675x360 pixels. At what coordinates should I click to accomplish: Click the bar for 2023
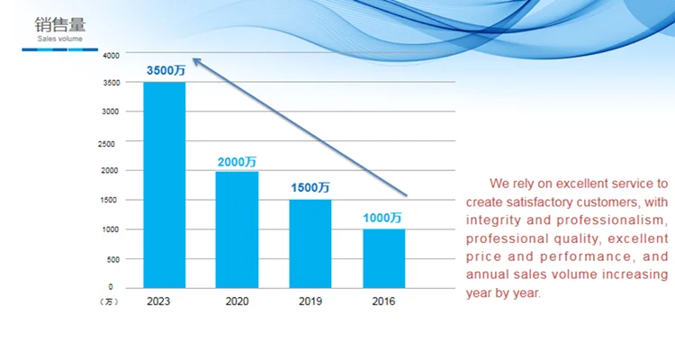tap(165, 184)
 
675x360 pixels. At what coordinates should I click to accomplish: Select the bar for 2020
tap(237, 229)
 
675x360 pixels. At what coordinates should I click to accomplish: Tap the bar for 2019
tap(310, 243)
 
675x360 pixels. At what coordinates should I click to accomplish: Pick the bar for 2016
tap(383, 258)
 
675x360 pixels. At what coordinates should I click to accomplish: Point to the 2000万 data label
tap(238, 162)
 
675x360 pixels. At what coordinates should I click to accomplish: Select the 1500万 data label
tap(310, 187)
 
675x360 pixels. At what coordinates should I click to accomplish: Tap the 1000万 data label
tap(383, 218)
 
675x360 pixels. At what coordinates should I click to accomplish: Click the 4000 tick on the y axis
tap(110, 56)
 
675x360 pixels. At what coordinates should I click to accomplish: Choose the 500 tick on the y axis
tap(112, 259)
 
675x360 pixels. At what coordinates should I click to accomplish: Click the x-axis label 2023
tap(158, 301)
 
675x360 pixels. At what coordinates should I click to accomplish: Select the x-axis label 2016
tap(383, 301)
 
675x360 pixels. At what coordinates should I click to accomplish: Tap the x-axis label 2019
tap(310, 301)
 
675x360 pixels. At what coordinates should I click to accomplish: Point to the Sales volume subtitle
tap(59, 40)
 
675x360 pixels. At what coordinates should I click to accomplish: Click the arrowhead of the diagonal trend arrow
tap(197, 61)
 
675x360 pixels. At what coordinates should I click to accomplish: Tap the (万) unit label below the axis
tap(110, 301)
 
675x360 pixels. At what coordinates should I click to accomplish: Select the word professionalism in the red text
tap(612, 220)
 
